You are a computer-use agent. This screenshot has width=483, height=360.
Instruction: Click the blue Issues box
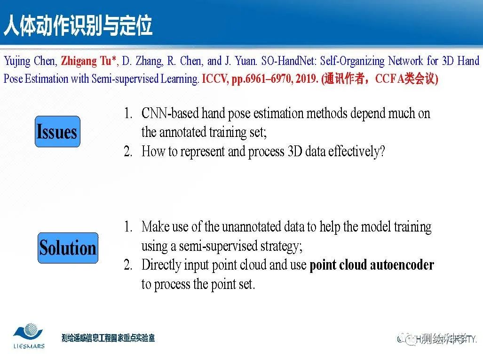(57, 132)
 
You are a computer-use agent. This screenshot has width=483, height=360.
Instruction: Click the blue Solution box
(68, 248)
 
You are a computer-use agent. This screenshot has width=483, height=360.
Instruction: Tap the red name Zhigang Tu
(87, 61)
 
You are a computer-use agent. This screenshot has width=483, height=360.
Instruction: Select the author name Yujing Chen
(30, 61)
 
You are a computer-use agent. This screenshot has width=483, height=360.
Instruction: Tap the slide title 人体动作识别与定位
(78, 25)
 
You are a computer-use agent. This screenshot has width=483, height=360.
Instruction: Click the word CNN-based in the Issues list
(170, 113)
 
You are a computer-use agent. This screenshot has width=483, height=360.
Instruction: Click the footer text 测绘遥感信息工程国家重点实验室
(108, 338)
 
